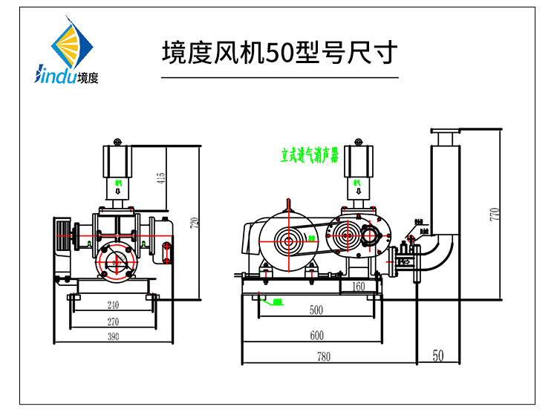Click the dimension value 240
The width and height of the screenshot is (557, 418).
click(113, 304)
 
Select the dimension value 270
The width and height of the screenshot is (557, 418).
click(113, 322)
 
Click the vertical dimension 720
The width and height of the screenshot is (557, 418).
click(195, 223)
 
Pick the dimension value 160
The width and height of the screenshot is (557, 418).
click(358, 286)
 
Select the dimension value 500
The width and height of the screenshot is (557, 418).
click(316, 310)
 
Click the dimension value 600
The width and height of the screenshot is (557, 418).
click(316, 336)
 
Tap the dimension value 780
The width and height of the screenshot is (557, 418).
click(323, 356)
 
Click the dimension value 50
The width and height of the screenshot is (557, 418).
click(438, 356)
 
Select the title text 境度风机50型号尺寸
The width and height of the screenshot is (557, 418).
click(280, 53)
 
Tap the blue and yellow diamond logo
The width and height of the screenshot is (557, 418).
click(71, 46)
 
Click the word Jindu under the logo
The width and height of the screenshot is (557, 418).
click(55, 76)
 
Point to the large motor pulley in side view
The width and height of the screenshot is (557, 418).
click(288, 240)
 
